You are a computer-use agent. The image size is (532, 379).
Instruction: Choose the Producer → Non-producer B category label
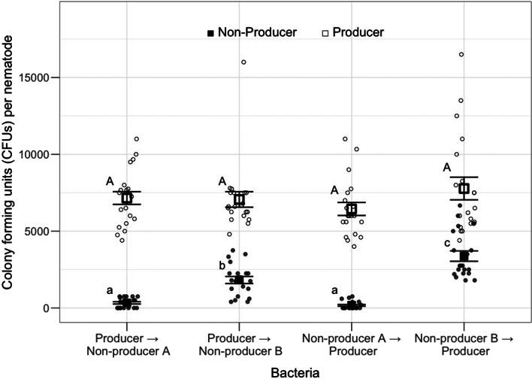(x=239, y=343)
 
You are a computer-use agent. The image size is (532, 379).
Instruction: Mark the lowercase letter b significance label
(x=222, y=265)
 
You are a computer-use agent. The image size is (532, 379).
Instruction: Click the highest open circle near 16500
(x=461, y=54)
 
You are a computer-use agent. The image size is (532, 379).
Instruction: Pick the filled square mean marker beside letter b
(x=240, y=280)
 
